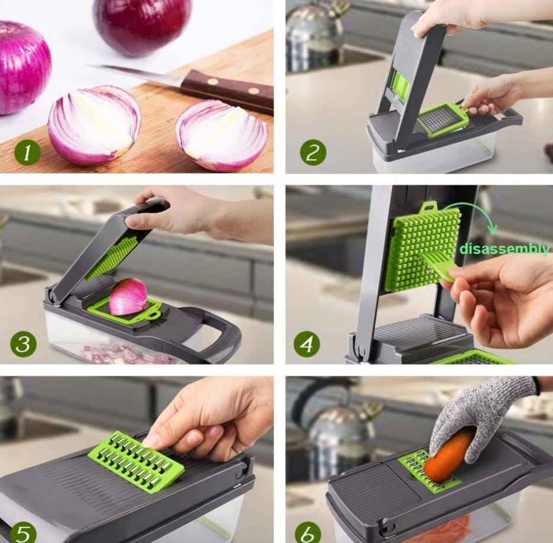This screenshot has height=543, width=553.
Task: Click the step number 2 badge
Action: [313, 153]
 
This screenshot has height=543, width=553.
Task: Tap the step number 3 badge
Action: [24, 344]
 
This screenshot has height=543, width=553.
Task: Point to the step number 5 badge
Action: [22, 534]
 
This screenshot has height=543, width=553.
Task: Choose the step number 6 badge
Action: [308, 534]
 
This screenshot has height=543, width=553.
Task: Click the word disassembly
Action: [504, 249]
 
